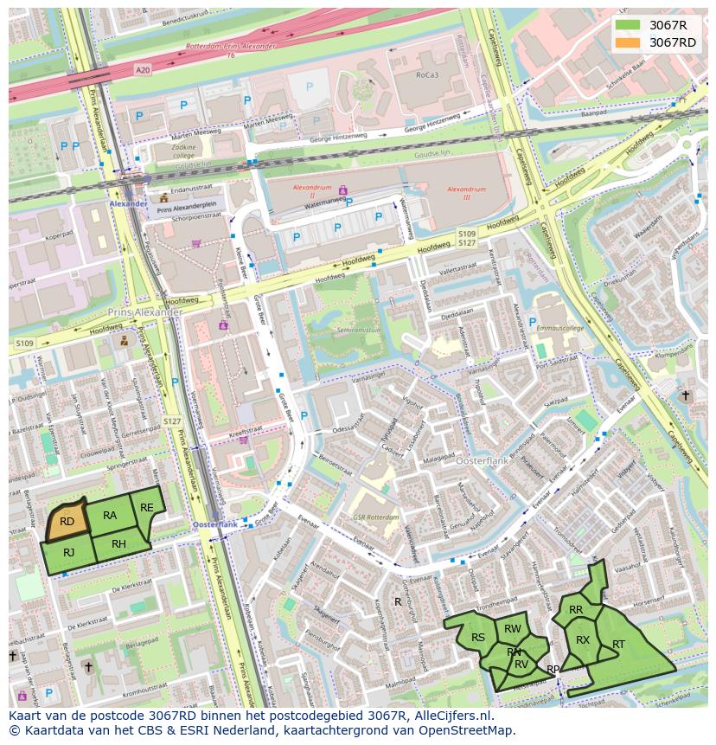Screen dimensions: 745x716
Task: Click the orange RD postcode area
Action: point(67,521)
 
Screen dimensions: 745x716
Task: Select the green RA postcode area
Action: point(110,516)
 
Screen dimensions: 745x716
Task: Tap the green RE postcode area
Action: point(147,507)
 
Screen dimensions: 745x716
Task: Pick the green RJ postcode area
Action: point(68,554)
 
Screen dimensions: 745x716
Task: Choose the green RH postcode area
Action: point(119,544)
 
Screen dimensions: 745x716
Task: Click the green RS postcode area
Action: point(476,639)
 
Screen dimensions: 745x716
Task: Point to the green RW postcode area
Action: point(513,629)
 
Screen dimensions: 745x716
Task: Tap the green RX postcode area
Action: point(583,640)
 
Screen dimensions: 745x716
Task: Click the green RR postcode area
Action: point(576,609)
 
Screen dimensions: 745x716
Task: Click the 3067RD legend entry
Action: point(672,42)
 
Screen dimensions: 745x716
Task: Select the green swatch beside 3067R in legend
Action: point(629,25)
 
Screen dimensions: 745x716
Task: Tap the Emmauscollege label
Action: point(559,328)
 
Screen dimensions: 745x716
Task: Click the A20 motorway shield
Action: point(142,69)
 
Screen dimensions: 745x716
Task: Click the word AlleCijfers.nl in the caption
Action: point(451,716)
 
